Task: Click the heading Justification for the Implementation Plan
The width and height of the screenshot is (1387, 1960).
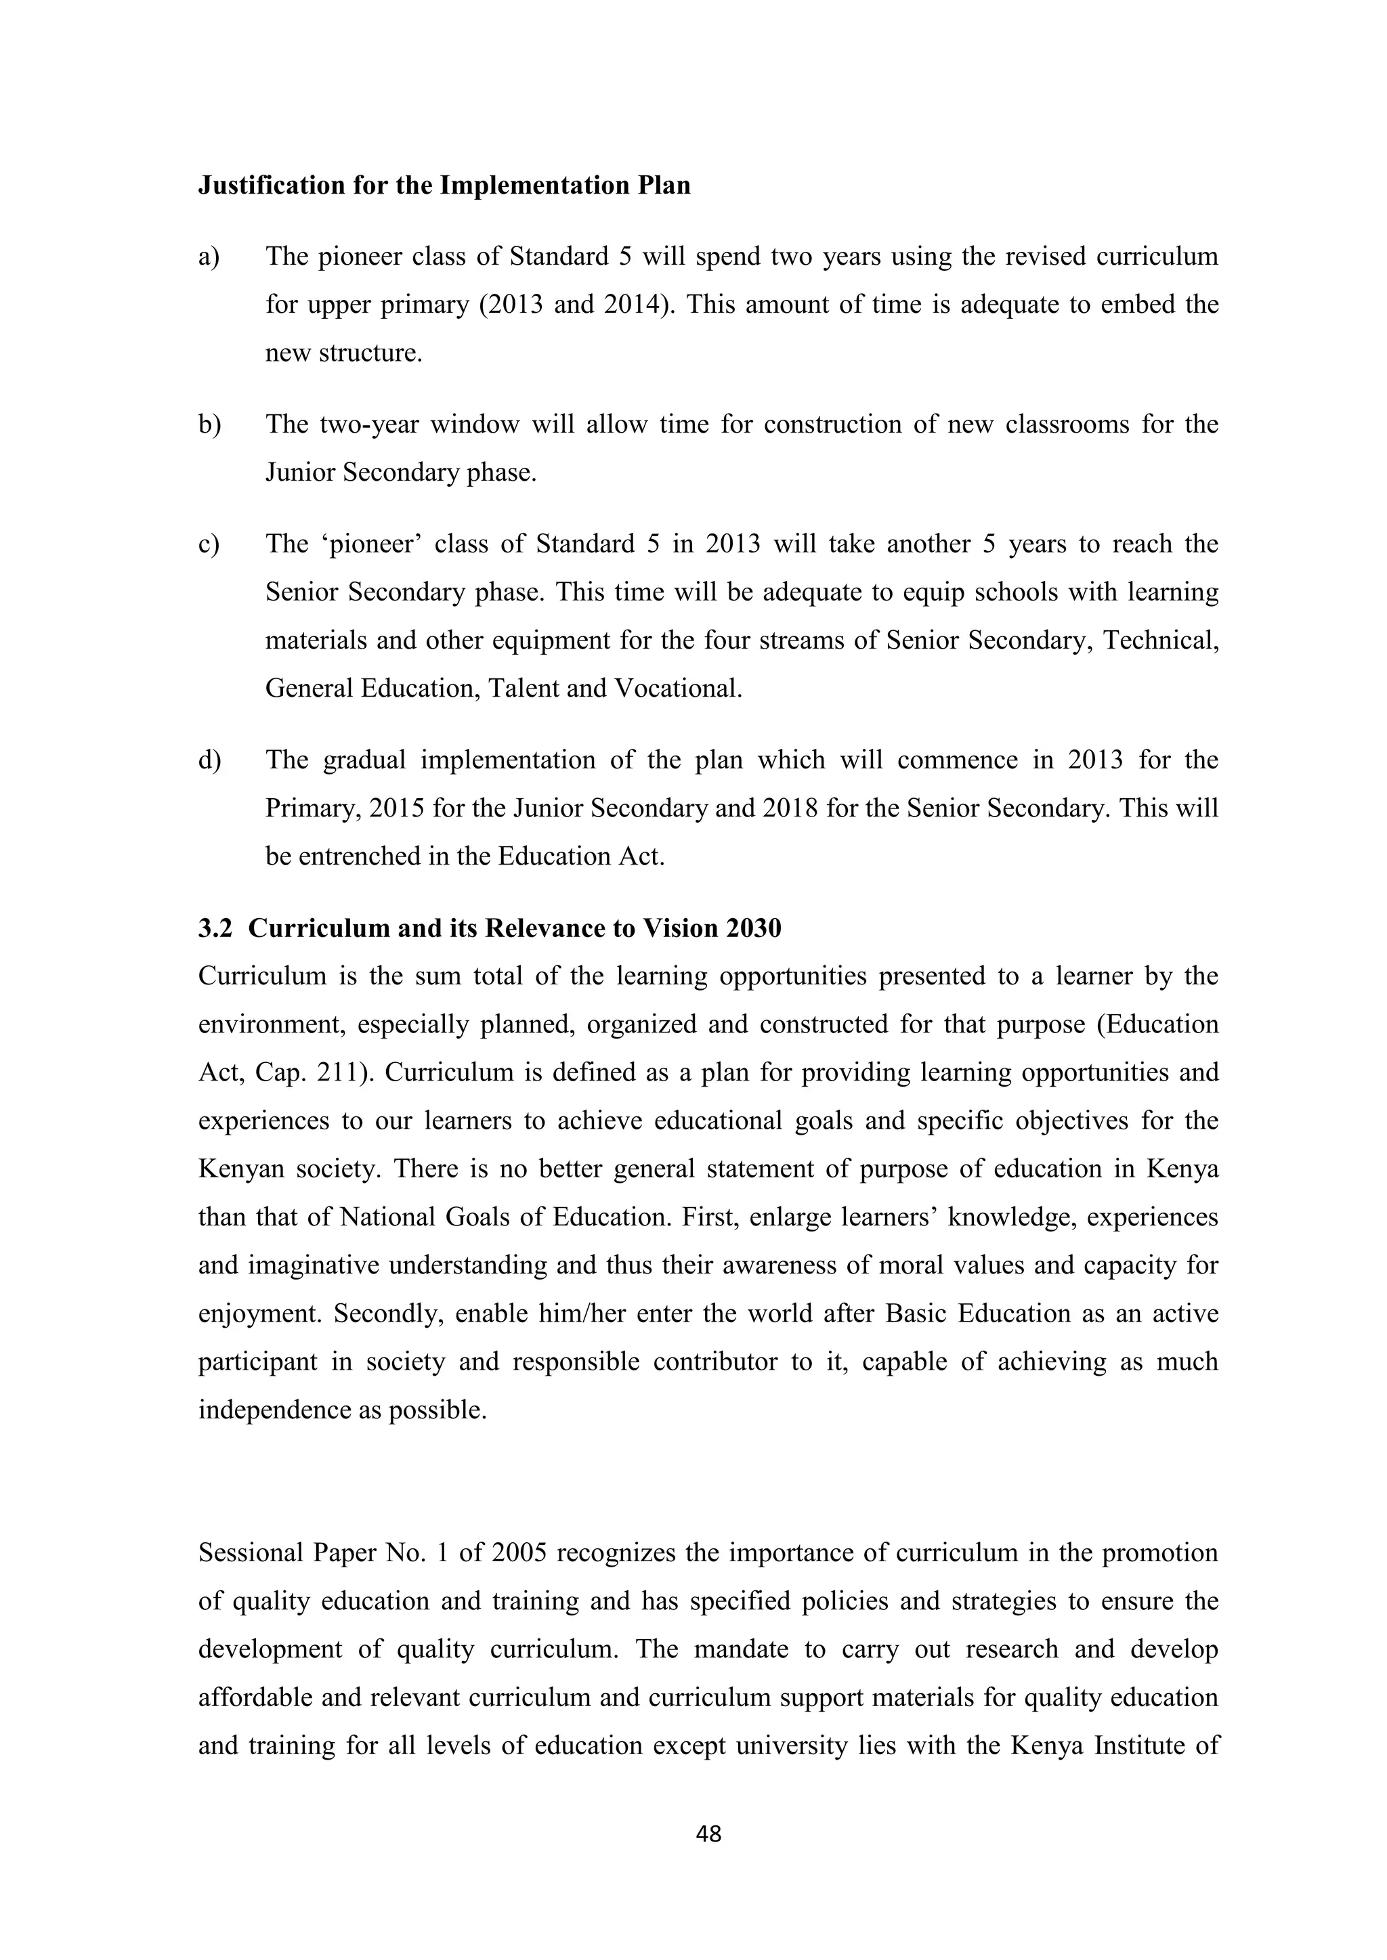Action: click(x=444, y=186)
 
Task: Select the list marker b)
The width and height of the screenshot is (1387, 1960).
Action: click(x=209, y=424)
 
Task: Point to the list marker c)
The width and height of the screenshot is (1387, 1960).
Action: click(x=209, y=544)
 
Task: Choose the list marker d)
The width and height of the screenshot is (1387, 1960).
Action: click(x=209, y=760)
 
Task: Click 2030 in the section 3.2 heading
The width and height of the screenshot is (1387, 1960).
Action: click(x=753, y=929)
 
